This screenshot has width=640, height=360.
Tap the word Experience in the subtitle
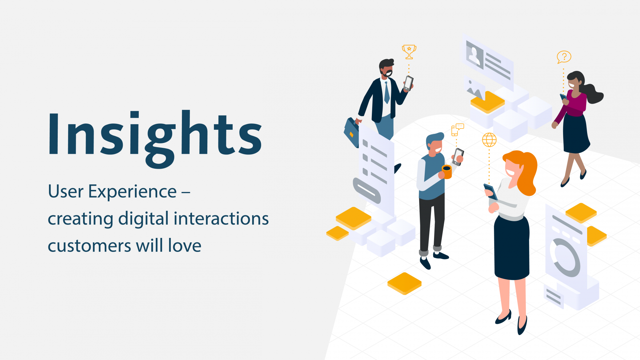tap(132, 192)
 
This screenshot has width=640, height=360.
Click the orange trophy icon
tap(409, 51)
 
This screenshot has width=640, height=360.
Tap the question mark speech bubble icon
tap(564, 57)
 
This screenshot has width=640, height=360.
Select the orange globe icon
tap(489, 140)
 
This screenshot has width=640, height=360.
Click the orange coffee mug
tap(447, 171)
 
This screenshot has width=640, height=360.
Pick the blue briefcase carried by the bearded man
tap(352, 133)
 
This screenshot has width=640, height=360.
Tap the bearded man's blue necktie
tap(387, 93)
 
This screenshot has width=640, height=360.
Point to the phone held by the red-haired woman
tap(491, 191)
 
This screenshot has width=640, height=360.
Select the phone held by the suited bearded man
tap(408, 83)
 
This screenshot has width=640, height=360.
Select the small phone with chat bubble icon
tap(457, 130)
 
